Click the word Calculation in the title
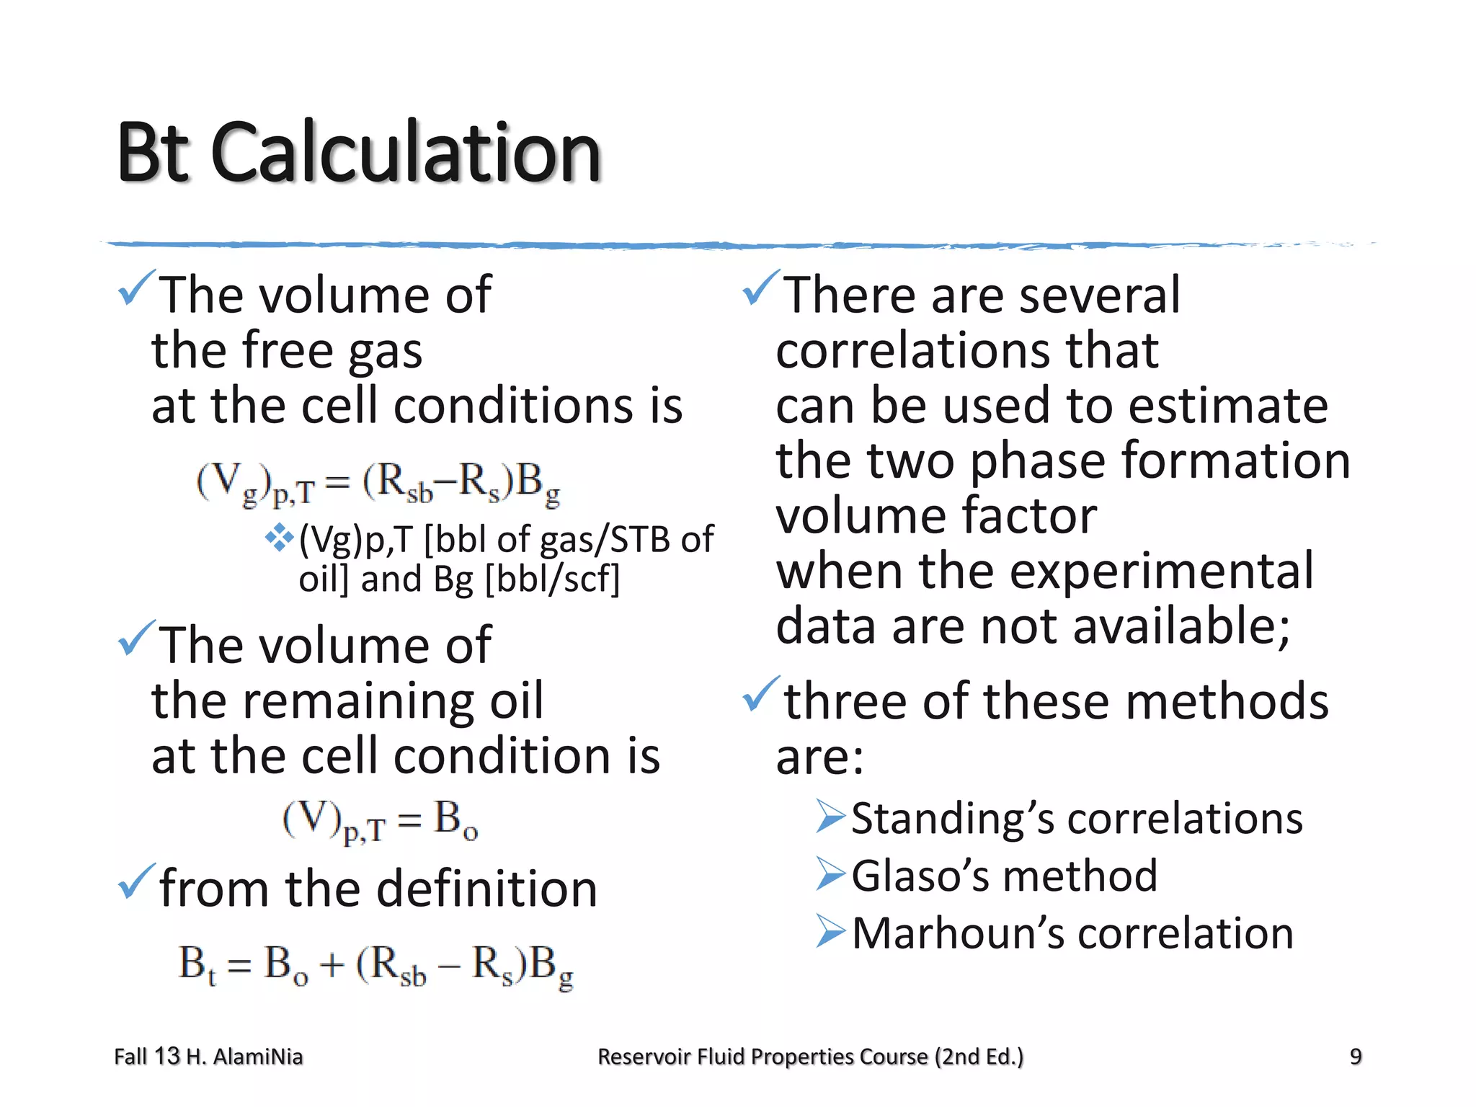pyautogui.click(x=406, y=153)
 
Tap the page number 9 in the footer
pyautogui.click(x=1356, y=1057)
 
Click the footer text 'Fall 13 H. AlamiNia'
pyautogui.click(x=208, y=1057)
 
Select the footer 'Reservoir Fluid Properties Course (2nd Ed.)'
pyautogui.click(x=810, y=1057)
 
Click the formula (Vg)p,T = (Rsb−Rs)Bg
pyautogui.click(x=378, y=483)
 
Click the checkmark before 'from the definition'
pyautogui.click(x=136, y=881)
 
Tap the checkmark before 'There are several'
pyautogui.click(x=761, y=288)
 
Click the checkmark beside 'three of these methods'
pyautogui.click(x=761, y=694)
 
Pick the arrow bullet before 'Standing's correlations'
pyautogui.click(x=830, y=816)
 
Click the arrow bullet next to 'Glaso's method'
pyautogui.click(x=830, y=873)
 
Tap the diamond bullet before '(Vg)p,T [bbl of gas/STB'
pyautogui.click(x=279, y=537)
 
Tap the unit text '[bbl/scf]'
pyautogui.click(x=552, y=579)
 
